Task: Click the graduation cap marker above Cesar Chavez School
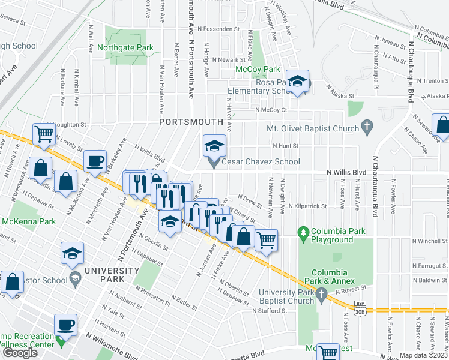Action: (214, 145)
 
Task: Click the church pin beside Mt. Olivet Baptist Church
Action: (366, 127)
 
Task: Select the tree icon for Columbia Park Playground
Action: (304, 232)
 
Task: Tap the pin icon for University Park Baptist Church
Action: (322, 294)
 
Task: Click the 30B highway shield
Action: (360, 312)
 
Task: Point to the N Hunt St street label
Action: (285, 145)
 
